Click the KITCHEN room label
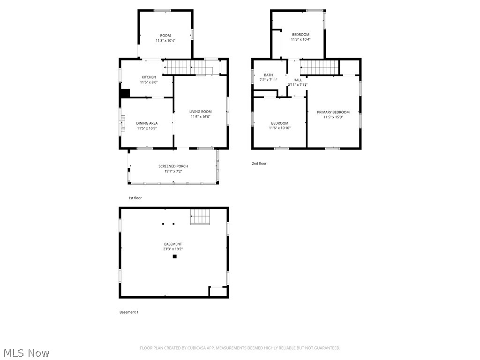[x=149, y=77]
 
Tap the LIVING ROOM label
[x=201, y=112]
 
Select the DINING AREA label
[x=147, y=123]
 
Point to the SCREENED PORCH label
[x=173, y=166]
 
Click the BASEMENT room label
[x=173, y=244]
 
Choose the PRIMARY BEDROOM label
[x=333, y=112]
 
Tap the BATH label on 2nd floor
[x=268, y=75]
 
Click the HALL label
[x=298, y=80]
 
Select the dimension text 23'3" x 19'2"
[x=173, y=249]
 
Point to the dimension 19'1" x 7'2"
[x=173, y=171]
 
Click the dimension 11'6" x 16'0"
[x=201, y=117]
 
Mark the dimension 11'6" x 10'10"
[x=280, y=128]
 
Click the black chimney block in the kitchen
[x=125, y=93]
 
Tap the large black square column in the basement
[x=175, y=256]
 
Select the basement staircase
[x=200, y=217]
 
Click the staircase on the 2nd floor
[x=319, y=67]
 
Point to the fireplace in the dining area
[x=122, y=124]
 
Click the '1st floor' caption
[x=135, y=198]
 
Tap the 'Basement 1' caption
[x=129, y=312]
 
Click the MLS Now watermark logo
[x=26, y=352]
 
